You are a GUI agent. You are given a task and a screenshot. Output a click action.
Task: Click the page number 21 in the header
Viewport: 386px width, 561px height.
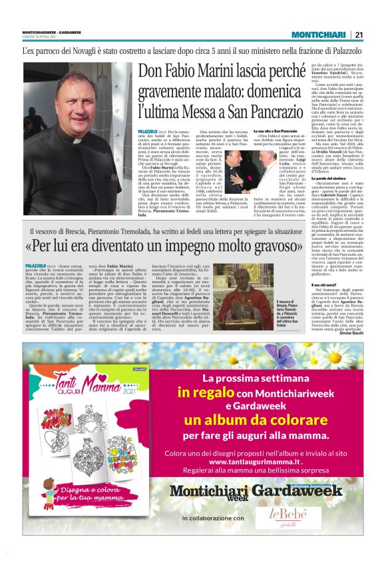(359, 35)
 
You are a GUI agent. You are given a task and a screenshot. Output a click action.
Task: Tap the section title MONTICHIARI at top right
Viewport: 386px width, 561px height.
(319, 35)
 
